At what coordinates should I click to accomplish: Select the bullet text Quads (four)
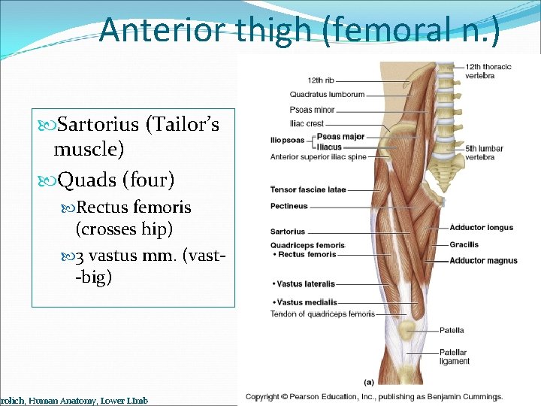(116, 180)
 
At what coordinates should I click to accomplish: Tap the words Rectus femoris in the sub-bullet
(134, 207)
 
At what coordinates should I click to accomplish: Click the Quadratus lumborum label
(327, 95)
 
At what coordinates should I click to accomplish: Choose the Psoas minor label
(312, 110)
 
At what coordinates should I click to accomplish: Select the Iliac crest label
(307, 123)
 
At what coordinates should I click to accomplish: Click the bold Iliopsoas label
(287, 140)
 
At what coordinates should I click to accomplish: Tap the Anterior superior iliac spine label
(318, 157)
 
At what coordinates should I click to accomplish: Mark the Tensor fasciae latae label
(308, 189)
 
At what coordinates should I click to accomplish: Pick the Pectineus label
(289, 206)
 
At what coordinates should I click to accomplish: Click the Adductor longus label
(481, 228)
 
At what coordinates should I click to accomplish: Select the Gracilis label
(464, 244)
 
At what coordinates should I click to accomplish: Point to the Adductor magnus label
(483, 261)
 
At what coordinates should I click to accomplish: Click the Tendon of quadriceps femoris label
(322, 314)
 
